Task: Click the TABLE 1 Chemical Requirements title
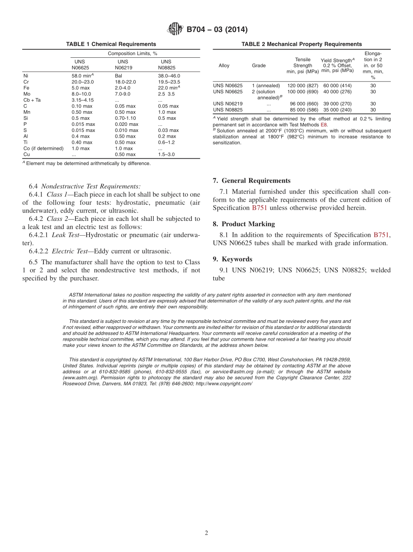tap(111, 44)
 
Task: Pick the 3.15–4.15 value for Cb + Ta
tap(83, 100)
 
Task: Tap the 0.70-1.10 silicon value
tap(126, 118)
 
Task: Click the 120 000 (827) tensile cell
tap(303, 86)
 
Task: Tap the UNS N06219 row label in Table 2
tap(227, 104)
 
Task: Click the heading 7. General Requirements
tap(251, 181)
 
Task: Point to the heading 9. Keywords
tap(232, 259)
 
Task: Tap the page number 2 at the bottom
tap(206, 533)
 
